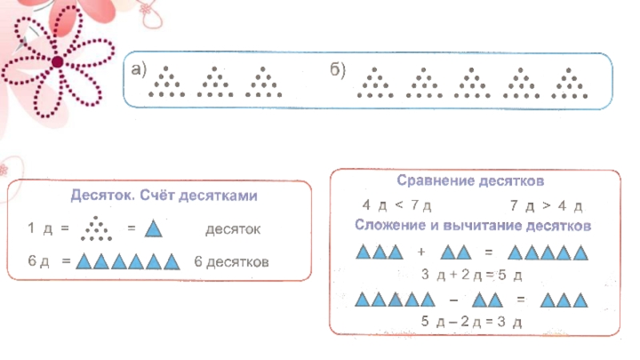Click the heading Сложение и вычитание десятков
coord(473,226)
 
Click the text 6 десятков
coord(231,262)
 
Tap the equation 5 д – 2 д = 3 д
coord(470,322)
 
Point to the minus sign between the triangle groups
coord(454,299)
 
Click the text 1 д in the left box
coord(39,230)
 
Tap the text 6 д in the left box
coord(39,262)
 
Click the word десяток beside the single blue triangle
coord(233,230)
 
